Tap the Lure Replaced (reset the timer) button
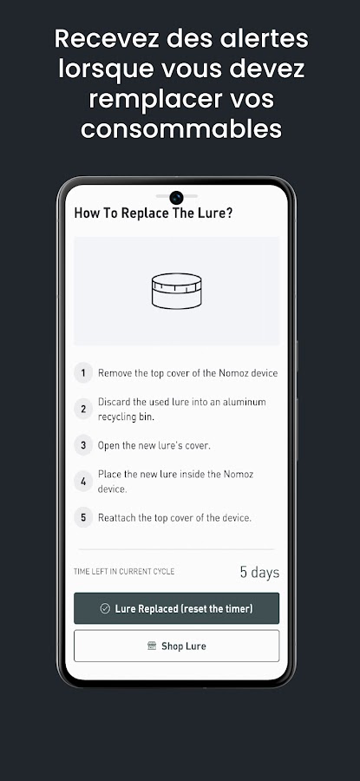(176, 608)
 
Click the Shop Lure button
(176, 646)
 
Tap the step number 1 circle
(83, 372)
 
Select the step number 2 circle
(83, 409)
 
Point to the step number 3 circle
(83, 445)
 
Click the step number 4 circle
(83, 482)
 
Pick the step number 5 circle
(83, 517)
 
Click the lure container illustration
(177, 291)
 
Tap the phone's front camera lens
(176, 198)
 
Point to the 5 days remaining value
(259, 573)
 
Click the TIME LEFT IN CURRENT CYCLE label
(124, 571)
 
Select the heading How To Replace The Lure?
(154, 213)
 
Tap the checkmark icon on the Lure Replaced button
(105, 608)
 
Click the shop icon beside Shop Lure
(152, 646)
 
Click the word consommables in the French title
(181, 129)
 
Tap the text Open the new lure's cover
(154, 445)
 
